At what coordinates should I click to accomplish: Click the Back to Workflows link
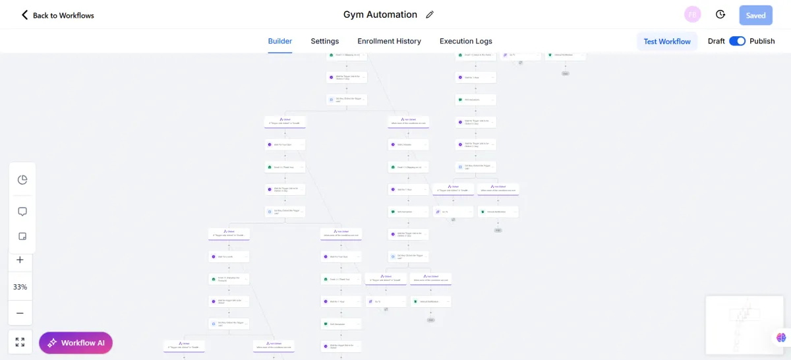(57, 15)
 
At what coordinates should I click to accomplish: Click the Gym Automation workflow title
(380, 15)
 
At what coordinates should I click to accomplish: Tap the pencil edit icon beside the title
(430, 15)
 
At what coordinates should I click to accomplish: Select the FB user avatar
(693, 15)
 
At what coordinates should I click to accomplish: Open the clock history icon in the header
(720, 15)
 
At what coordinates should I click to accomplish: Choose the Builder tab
(280, 41)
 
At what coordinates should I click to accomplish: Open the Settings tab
(325, 41)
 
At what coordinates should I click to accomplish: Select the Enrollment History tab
(389, 41)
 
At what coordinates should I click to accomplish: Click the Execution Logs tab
(466, 41)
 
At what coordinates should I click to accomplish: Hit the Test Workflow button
(667, 41)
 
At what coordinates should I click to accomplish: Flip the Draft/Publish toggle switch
(737, 41)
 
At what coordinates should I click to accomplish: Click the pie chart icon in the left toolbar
(22, 179)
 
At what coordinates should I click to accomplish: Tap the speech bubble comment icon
(22, 212)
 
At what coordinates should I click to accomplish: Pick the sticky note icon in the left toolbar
(22, 237)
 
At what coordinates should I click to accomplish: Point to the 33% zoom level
(20, 287)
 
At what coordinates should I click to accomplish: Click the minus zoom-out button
(20, 313)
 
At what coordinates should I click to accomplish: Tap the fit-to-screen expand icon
(20, 342)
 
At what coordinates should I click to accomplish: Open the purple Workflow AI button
(76, 343)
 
